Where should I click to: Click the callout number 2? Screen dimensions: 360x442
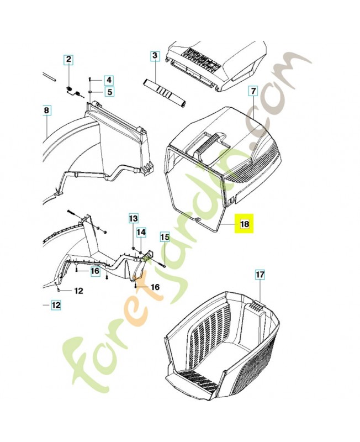pyautogui.click(x=68, y=60)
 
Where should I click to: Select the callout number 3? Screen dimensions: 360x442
pyautogui.click(x=155, y=56)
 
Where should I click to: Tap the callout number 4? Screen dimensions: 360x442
pyautogui.click(x=109, y=80)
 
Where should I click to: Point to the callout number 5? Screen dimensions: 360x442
pyautogui.click(x=109, y=92)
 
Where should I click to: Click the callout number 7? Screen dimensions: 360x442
pyautogui.click(x=253, y=91)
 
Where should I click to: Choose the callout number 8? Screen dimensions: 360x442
pyautogui.click(x=46, y=110)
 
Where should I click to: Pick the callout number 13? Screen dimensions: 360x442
pyautogui.click(x=134, y=218)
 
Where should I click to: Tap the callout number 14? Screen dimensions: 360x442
pyautogui.click(x=141, y=232)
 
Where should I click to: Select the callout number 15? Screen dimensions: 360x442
pyautogui.click(x=165, y=238)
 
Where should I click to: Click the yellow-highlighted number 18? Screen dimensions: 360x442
pyautogui.click(x=245, y=224)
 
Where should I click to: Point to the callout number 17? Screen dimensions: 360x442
pyautogui.click(x=260, y=275)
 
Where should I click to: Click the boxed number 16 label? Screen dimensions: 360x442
pyautogui.click(x=96, y=271)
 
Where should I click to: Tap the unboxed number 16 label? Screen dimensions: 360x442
pyautogui.click(x=155, y=287)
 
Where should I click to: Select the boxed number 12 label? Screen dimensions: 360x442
pyautogui.click(x=56, y=305)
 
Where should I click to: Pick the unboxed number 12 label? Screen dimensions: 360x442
pyautogui.click(x=78, y=291)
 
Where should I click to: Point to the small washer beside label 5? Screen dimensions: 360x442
pyautogui.click(x=89, y=92)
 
